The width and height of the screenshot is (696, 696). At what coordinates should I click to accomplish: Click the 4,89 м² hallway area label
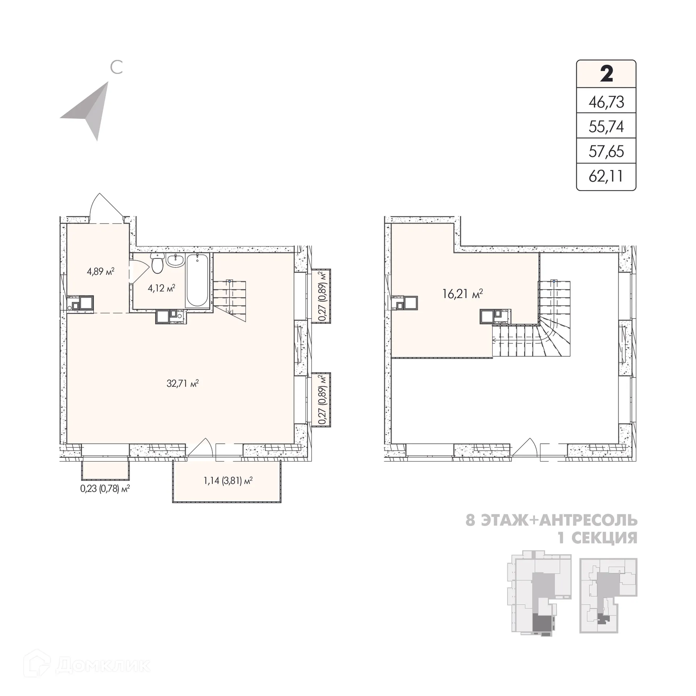click(101, 271)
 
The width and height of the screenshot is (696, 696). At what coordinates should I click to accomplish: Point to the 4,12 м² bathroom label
click(161, 288)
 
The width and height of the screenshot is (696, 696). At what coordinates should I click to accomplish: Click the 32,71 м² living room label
click(183, 383)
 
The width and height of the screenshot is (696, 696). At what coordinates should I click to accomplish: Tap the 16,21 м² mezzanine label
click(463, 294)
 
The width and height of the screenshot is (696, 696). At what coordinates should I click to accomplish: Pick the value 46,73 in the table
click(606, 102)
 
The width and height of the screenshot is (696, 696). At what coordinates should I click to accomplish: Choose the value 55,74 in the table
click(606, 127)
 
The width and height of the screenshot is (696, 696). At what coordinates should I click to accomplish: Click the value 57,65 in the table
click(606, 152)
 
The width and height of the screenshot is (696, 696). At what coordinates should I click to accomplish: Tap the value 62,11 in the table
click(606, 177)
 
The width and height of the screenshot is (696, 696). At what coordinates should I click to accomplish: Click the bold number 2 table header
click(606, 74)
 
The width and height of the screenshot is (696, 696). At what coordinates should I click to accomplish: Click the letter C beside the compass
click(116, 67)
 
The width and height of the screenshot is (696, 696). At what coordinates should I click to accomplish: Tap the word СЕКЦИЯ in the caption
click(604, 538)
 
